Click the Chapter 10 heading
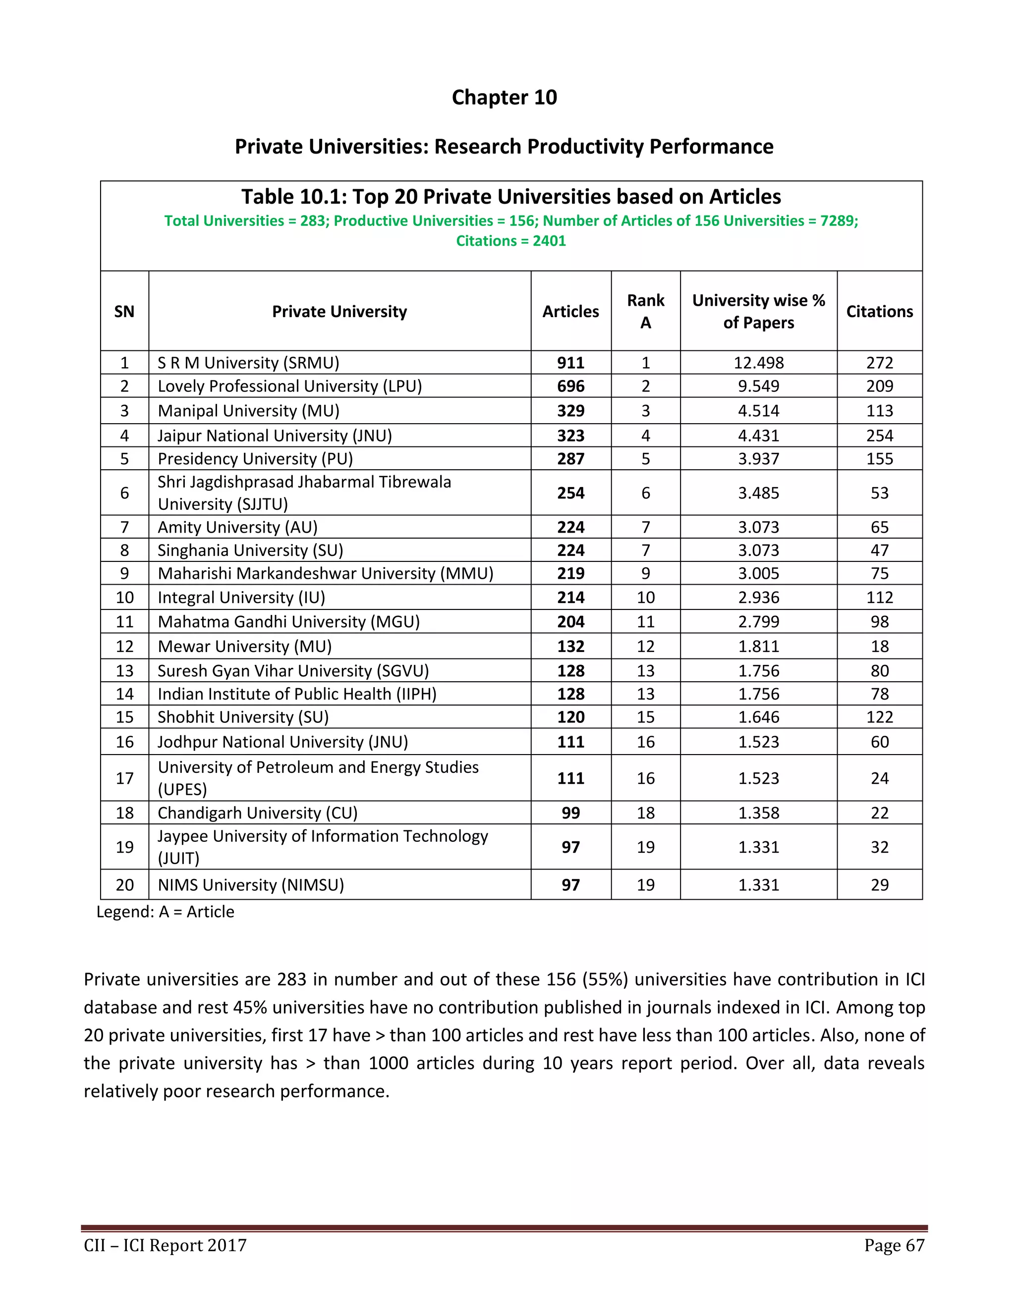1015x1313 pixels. coord(504,98)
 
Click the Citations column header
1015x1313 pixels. coord(879,312)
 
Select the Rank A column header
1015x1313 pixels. coord(645,312)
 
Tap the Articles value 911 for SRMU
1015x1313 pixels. coord(570,363)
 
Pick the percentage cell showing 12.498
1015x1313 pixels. coord(758,363)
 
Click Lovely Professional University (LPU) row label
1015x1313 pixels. coord(289,386)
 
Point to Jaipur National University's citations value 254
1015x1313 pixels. coord(879,436)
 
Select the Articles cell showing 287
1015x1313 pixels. coord(570,459)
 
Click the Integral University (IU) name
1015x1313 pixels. coord(241,598)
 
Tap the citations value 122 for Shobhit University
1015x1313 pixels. coord(879,717)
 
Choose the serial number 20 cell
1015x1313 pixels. coord(124,885)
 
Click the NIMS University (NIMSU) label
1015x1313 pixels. coord(251,885)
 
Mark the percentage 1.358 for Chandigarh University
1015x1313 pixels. coord(758,813)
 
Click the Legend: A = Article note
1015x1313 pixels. coord(166,912)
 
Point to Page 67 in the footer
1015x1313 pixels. coord(894,1245)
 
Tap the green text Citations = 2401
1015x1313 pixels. coord(510,241)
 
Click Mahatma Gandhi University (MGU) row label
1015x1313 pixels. coord(288,622)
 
